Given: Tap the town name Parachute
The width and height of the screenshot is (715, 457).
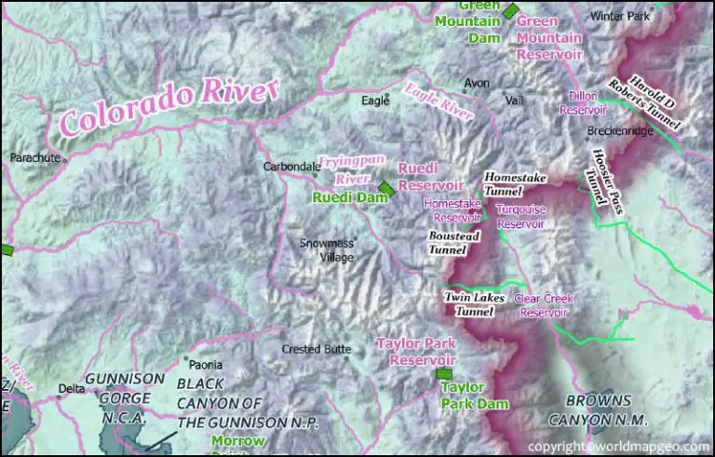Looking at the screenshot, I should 34,158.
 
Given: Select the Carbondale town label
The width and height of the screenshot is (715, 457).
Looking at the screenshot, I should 290,168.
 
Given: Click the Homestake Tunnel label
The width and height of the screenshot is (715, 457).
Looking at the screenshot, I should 515,183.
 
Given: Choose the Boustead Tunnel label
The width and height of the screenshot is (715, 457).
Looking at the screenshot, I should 453,243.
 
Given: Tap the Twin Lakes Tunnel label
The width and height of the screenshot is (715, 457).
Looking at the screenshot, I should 474,304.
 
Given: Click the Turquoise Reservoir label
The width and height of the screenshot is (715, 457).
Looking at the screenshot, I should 519,217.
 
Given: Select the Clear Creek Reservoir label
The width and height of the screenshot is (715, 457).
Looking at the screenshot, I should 545,306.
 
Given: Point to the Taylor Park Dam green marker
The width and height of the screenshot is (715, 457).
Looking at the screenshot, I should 442,374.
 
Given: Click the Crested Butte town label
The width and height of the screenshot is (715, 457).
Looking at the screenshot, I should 317,350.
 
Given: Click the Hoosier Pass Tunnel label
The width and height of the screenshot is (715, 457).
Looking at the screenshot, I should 605,181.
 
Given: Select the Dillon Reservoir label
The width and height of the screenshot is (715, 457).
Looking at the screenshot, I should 583,102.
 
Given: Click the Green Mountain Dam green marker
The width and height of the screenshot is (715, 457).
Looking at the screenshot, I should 511,9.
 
